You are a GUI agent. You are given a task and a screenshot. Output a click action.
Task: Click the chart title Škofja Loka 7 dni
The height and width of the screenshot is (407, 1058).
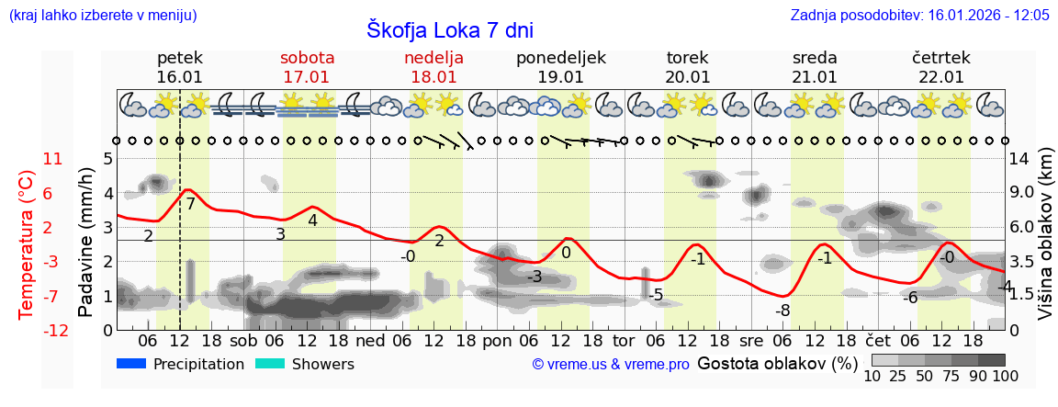tap(449, 29)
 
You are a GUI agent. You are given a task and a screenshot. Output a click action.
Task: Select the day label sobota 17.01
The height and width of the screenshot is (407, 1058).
tap(307, 67)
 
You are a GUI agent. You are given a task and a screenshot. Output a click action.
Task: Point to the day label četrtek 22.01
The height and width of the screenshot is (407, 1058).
tap(940, 67)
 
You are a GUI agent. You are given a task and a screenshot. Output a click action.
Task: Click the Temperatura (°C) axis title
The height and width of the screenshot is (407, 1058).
tap(27, 244)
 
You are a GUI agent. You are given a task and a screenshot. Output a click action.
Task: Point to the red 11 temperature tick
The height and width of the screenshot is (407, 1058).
tap(53, 159)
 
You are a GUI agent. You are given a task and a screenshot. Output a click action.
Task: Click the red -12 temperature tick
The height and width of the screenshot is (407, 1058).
tap(56, 330)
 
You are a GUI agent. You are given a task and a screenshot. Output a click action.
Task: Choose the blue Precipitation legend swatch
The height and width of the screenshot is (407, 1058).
tap(131, 364)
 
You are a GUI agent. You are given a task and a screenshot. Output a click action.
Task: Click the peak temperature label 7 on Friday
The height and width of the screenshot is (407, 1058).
tap(190, 204)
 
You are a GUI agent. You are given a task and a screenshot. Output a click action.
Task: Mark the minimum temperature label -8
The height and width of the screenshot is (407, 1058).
tap(782, 311)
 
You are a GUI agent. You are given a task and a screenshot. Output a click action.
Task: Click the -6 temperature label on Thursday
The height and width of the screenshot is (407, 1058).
tap(909, 298)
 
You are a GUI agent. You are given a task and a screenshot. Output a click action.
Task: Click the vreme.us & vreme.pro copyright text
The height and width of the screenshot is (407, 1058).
tap(611, 365)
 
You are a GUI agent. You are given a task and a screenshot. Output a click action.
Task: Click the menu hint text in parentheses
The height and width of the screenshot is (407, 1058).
tap(102, 16)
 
